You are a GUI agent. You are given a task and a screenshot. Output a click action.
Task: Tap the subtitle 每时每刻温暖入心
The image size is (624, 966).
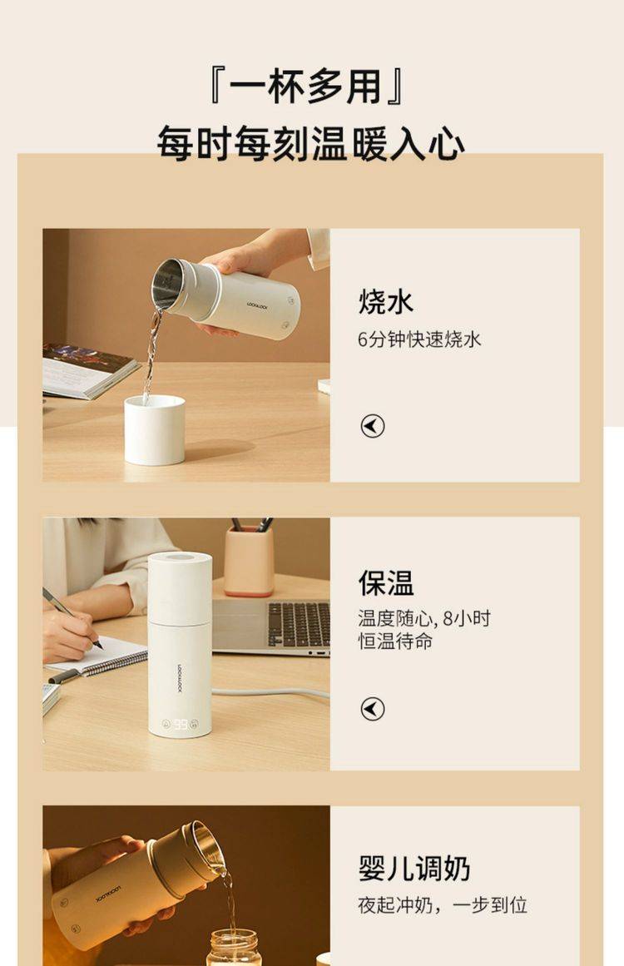(x=310, y=143)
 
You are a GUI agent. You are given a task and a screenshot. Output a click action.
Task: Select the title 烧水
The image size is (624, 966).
(x=385, y=302)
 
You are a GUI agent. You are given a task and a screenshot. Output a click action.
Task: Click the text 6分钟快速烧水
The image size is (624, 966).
(x=418, y=339)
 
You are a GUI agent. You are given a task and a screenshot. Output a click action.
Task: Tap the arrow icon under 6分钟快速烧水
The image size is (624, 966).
(x=373, y=426)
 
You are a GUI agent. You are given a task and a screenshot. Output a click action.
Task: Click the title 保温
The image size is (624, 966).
(x=385, y=582)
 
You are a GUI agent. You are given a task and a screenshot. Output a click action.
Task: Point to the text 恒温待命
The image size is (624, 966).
(x=395, y=641)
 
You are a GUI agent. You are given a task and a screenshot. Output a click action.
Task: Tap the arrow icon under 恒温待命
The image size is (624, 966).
(x=373, y=708)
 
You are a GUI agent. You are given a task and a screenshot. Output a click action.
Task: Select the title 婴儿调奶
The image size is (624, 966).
(x=414, y=868)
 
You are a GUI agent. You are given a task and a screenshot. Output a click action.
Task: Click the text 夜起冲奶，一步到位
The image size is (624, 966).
(x=443, y=905)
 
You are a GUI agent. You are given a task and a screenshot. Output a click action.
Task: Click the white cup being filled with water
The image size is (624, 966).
(x=155, y=430)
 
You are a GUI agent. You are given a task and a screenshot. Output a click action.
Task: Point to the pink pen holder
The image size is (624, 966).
(x=249, y=562)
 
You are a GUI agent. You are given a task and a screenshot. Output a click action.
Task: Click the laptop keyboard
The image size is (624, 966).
(x=299, y=624)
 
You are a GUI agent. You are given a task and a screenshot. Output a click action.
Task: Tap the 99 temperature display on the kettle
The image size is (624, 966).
(x=181, y=724)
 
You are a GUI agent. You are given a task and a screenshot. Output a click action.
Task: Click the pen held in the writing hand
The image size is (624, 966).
(x=72, y=618)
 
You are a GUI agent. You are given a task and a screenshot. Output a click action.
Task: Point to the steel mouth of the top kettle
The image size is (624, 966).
(x=167, y=284)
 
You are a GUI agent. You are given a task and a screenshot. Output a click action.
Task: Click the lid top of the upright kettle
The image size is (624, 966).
(x=180, y=558)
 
